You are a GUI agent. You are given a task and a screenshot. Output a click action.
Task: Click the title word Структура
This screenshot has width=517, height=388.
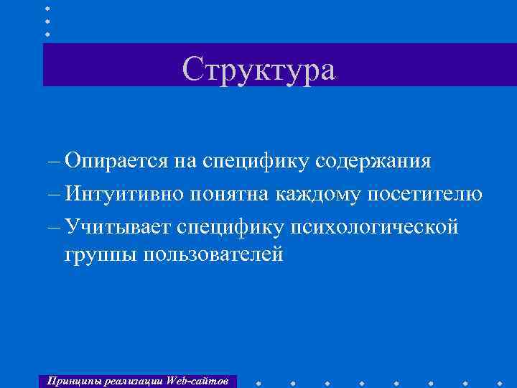click(258, 69)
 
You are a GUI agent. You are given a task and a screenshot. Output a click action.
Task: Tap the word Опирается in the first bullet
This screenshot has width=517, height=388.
click(115, 160)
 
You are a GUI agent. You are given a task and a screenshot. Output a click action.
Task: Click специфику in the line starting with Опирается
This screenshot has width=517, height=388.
click(256, 160)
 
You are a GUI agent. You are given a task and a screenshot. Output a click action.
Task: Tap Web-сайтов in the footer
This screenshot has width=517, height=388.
click(200, 380)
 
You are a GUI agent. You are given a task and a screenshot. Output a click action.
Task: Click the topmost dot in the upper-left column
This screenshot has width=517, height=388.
click(47, 9)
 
